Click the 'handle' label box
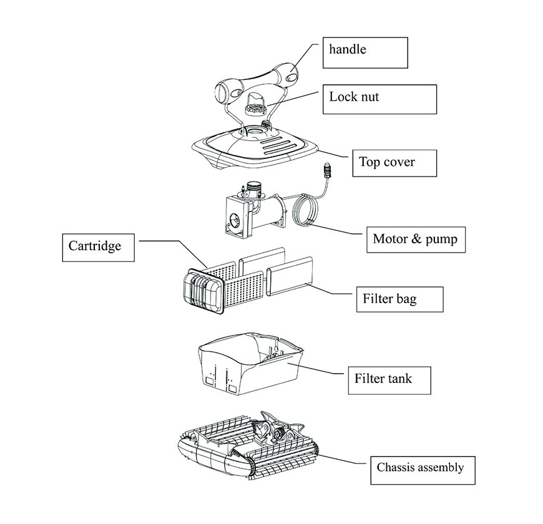[x=365, y=52]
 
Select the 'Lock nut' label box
[x=379, y=99]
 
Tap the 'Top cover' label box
[x=393, y=163]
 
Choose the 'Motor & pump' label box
[x=415, y=238]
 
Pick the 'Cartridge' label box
[x=100, y=248]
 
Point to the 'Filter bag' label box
[x=399, y=299]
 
